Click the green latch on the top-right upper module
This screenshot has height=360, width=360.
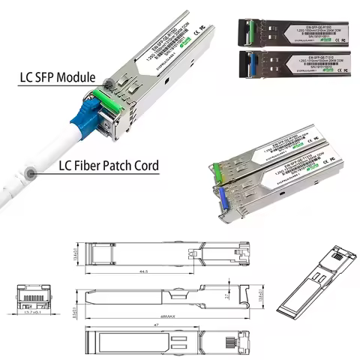pyautogui.click(x=238, y=31)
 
